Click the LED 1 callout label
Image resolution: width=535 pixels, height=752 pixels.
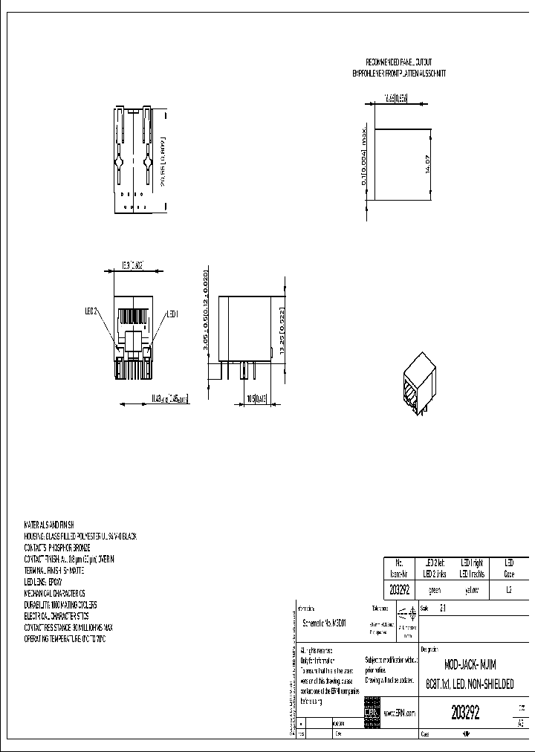tap(173, 314)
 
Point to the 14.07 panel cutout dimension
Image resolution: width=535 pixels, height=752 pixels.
tap(427, 164)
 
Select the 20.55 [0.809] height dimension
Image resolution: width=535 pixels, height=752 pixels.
tap(163, 163)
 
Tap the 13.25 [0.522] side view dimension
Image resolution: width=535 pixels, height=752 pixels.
tap(279, 328)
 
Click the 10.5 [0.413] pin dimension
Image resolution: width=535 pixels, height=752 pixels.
tap(257, 399)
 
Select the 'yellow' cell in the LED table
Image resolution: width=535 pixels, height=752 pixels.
tap(472, 590)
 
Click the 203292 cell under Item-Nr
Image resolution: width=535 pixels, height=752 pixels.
tap(400, 590)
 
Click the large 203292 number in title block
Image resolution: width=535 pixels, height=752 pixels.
tap(465, 713)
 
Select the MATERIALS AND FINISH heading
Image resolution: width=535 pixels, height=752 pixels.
tap(51, 525)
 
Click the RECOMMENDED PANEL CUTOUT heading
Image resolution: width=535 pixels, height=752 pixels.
tap(398, 62)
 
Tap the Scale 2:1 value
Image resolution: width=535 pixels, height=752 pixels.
tap(444, 608)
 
